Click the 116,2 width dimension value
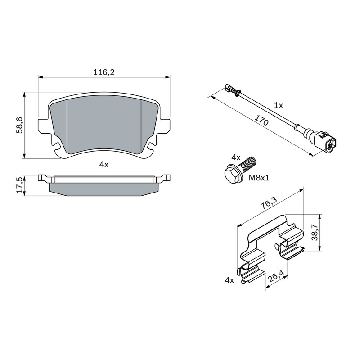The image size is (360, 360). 103,72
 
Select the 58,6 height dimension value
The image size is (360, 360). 19,125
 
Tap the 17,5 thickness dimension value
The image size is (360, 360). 19,184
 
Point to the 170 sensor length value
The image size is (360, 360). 261,120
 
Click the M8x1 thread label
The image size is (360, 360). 259,177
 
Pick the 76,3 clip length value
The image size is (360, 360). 269,203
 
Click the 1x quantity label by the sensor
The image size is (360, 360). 279,105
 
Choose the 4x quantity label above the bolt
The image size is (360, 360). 236,157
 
